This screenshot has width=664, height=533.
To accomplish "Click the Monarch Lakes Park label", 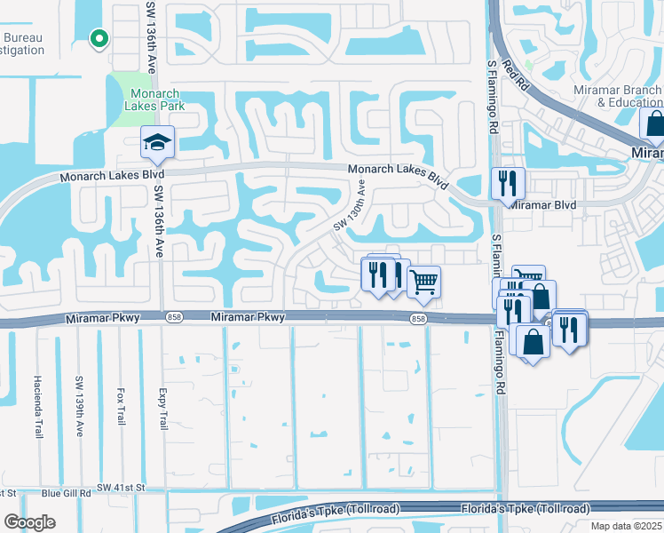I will tap(156, 100).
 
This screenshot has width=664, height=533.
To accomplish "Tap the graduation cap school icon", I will tap(158, 142).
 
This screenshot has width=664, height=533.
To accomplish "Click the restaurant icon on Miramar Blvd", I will tap(508, 184).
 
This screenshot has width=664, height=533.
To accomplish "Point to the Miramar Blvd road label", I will tap(542, 204).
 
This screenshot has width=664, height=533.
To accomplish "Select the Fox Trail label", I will tap(119, 408).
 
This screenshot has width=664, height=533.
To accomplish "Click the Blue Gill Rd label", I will tap(66, 492).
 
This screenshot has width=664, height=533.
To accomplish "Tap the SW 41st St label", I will tap(121, 487).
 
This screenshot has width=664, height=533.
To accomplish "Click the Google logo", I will tap(28, 522).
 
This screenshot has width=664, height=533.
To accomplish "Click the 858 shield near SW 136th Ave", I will tap(174, 317).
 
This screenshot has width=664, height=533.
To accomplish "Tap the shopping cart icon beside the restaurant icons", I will tap(424, 282).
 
